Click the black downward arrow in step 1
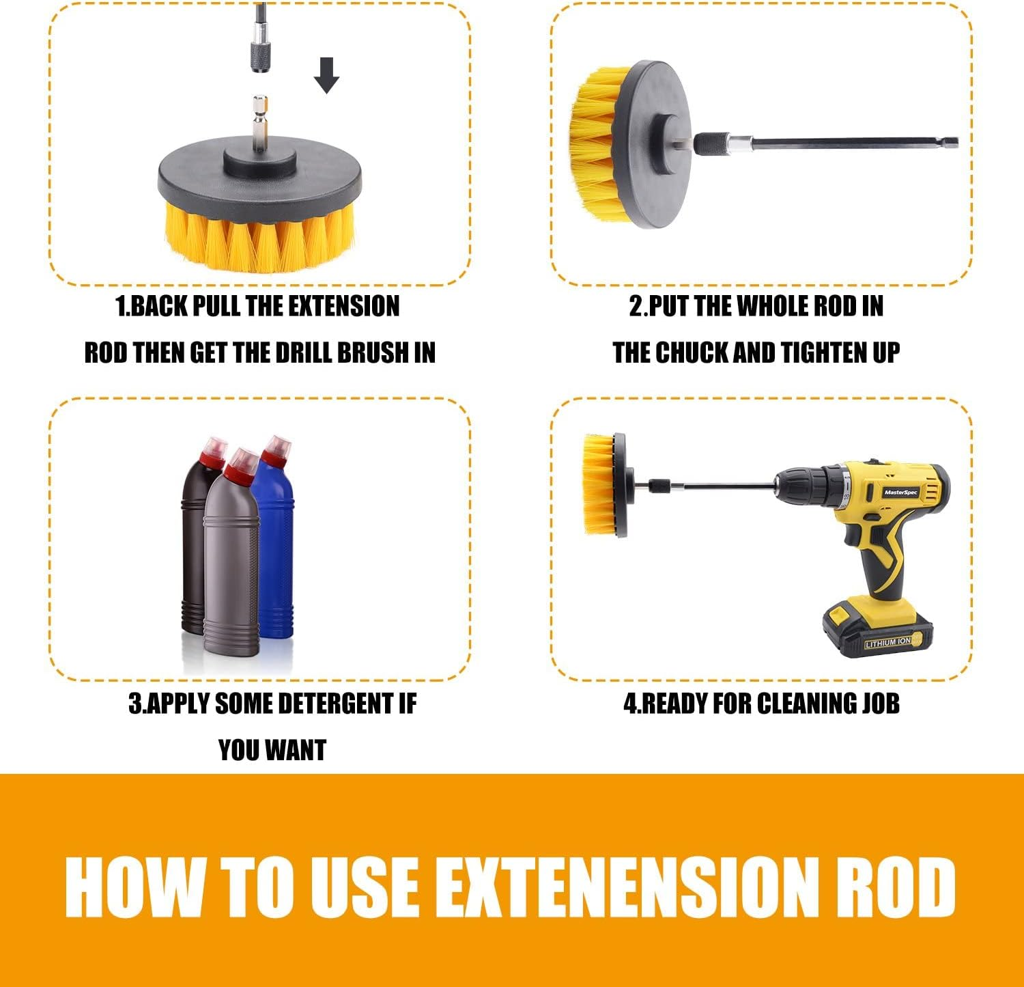coord(327,75)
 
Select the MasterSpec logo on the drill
coord(901,492)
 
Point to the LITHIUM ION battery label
coord(887,642)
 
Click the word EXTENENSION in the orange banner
coord(625,886)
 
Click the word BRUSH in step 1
coord(374,353)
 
